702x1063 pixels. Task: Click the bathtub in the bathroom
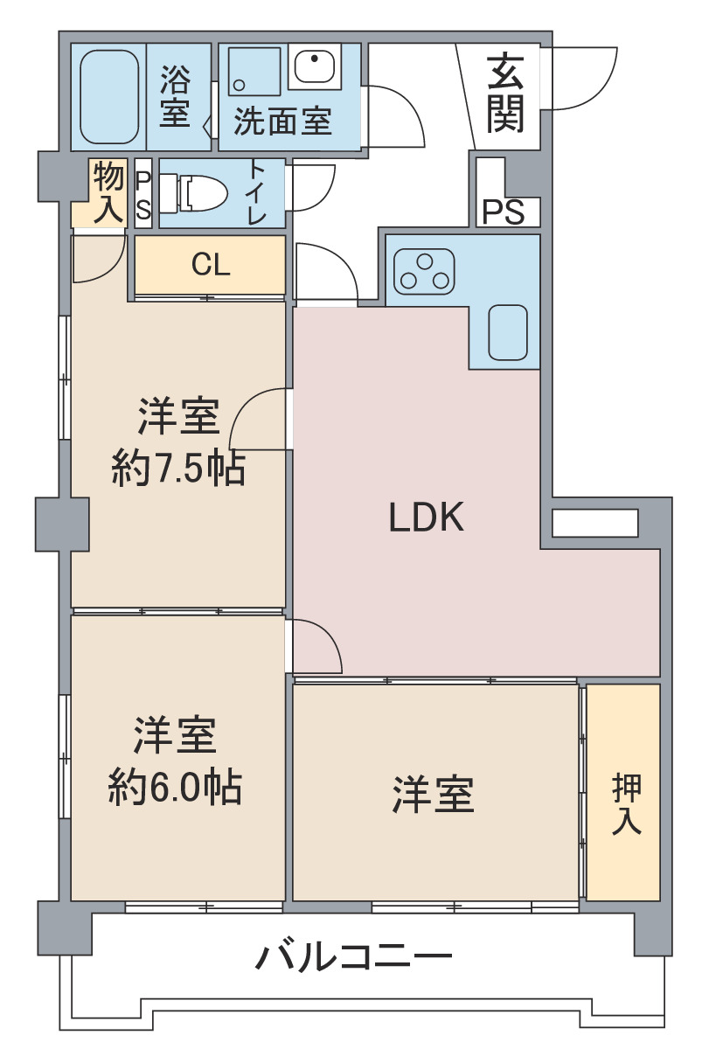coord(109,97)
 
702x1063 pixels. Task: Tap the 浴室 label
coord(175,97)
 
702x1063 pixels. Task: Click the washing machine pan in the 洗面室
coord(254,73)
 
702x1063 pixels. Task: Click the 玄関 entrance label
coord(505,94)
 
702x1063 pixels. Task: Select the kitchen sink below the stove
coord(508,332)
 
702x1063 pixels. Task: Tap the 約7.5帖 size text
coord(177,470)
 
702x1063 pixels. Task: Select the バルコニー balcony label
coord(353,957)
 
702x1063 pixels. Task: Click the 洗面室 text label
coord(282,122)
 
